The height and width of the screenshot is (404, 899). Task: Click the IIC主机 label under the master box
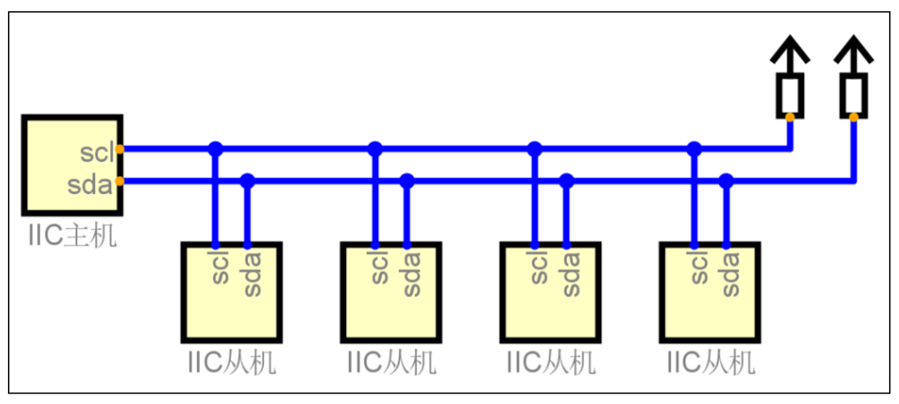[73, 235]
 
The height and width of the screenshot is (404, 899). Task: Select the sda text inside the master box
[90, 185]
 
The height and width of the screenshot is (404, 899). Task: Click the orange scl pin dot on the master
[120, 149]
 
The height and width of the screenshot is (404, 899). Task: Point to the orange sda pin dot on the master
[120, 181]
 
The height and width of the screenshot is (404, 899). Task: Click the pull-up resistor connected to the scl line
[790, 95]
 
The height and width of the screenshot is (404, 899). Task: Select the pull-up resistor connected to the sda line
[853, 95]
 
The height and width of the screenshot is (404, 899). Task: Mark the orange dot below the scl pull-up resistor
[790, 118]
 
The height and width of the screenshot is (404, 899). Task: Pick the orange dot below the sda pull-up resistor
[853, 118]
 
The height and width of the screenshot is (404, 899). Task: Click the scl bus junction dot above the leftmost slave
[215, 149]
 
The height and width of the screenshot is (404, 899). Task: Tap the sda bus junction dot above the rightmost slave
[726, 181]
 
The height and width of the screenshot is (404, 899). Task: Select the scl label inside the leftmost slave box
[220, 267]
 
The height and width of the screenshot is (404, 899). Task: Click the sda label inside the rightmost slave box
[731, 274]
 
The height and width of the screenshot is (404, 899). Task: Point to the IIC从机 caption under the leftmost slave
[232, 363]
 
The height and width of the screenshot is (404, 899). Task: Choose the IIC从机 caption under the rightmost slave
[711, 363]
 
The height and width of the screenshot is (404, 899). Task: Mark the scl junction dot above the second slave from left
[375, 149]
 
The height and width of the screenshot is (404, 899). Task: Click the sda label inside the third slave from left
[571, 274]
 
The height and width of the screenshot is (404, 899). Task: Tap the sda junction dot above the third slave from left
[566, 181]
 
